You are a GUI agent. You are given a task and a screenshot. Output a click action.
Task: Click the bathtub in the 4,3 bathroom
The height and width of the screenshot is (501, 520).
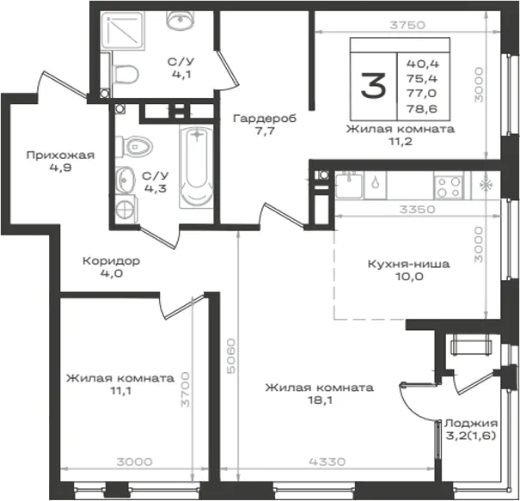click(196, 167)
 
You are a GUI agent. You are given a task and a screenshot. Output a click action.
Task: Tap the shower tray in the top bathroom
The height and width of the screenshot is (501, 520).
click(123, 30)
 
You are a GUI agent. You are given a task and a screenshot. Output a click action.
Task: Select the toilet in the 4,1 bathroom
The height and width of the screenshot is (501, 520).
click(125, 74)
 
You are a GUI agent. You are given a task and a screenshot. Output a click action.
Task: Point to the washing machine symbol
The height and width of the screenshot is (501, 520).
click(126, 209)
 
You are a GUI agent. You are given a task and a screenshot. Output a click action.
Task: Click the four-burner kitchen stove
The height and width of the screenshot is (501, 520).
click(450, 186)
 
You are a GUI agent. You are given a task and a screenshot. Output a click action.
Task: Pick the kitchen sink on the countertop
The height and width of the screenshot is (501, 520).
click(349, 186)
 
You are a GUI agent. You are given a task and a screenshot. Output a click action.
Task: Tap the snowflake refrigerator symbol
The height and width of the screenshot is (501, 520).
click(486, 185)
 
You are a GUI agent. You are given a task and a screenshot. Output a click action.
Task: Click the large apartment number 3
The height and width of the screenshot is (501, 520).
click(373, 86)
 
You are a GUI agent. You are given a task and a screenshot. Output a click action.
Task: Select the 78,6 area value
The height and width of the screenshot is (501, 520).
click(422, 109)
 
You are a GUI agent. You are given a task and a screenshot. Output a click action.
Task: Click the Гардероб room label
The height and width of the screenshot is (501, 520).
click(265, 119)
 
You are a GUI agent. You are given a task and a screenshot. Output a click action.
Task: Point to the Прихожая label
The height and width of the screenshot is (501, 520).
click(60, 156)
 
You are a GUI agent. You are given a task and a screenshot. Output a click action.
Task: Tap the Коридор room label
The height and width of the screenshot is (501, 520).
click(111, 261)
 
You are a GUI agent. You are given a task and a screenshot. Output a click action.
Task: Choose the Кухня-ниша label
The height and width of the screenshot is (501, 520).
click(408, 265)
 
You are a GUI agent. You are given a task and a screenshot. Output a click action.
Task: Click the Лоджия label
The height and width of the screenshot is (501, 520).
click(471, 424)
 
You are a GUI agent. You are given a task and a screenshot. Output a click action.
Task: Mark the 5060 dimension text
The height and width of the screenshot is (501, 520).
click(231, 356)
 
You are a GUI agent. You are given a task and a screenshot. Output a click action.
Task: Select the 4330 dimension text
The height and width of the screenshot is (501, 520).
click(327, 461)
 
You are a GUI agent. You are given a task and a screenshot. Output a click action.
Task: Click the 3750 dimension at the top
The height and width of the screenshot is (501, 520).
click(407, 25)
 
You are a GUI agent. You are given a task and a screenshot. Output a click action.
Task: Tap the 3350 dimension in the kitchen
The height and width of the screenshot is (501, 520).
click(417, 210)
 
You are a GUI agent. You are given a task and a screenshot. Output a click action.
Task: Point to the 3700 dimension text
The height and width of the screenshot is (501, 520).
click(185, 389)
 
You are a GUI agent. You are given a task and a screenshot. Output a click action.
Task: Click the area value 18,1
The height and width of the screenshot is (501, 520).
click(320, 400)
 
